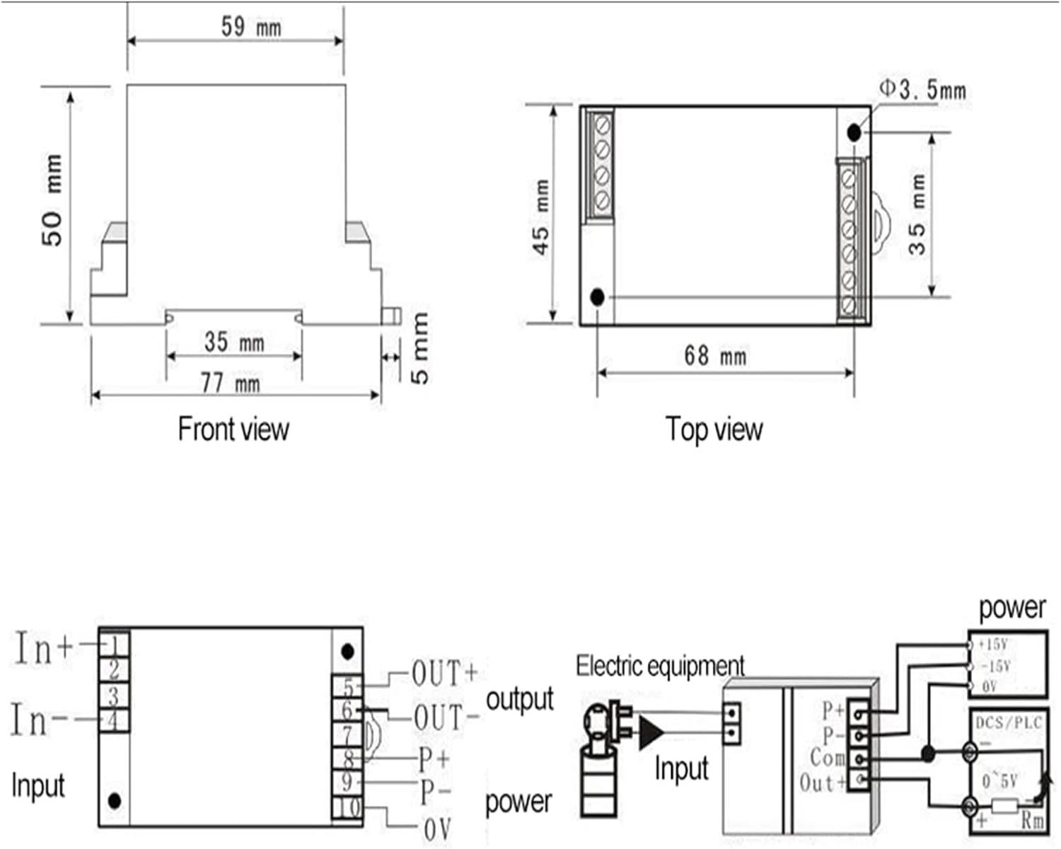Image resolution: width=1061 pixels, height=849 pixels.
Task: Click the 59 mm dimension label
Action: point(250,27)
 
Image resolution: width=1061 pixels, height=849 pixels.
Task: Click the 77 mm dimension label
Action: point(230,383)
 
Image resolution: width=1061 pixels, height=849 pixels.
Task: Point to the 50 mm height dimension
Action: point(52,200)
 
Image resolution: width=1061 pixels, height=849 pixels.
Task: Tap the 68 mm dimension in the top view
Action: point(714,355)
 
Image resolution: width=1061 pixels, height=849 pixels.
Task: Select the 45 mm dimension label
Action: point(541,216)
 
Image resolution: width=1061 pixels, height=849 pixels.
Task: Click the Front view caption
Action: point(233,429)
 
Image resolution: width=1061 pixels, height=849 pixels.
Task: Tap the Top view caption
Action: point(714,429)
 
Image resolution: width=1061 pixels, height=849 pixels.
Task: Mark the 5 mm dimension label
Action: point(420,349)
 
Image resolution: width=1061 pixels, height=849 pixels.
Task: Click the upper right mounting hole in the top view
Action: point(854,132)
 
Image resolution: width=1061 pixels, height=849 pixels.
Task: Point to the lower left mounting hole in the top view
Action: point(597,297)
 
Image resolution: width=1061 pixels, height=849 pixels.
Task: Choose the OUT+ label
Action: point(445,674)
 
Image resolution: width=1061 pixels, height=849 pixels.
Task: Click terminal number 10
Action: point(347,807)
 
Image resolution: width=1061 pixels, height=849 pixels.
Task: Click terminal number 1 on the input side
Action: point(115,644)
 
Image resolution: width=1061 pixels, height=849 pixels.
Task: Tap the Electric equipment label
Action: point(659,666)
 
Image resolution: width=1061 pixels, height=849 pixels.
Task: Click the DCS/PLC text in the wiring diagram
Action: point(1009,723)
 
